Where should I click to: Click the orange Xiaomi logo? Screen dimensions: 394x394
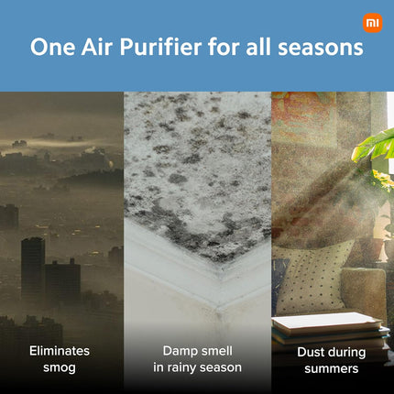tap(372, 22)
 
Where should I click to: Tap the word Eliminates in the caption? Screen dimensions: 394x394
tap(60, 351)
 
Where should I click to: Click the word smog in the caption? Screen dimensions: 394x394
tap(60, 367)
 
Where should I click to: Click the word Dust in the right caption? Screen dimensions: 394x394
tap(312, 352)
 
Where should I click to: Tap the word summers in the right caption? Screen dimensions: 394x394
tap(332, 368)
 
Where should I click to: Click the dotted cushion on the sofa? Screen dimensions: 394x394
tap(316, 275)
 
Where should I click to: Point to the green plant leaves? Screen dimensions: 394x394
tap(376, 147)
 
